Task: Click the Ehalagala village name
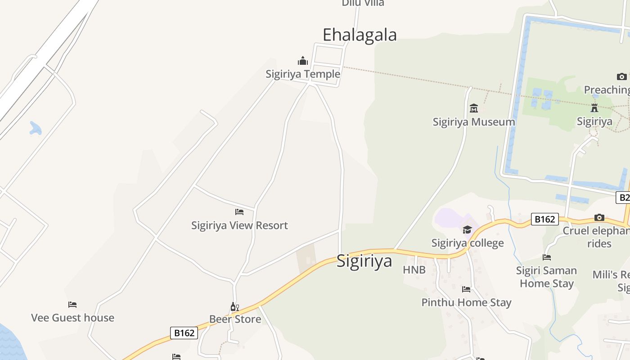click(x=360, y=35)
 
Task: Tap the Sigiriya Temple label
click(x=302, y=74)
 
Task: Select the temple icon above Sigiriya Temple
click(x=303, y=61)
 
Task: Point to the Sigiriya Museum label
click(x=473, y=121)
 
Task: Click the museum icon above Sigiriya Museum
click(x=474, y=108)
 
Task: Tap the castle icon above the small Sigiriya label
click(x=594, y=108)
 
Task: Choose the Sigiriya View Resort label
click(x=239, y=225)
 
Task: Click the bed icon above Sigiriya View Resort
click(x=239, y=211)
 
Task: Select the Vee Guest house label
click(x=72, y=318)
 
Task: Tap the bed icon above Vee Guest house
click(x=72, y=305)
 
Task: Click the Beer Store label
click(x=235, y=319)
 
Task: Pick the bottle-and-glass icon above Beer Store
click(x=234, y=307)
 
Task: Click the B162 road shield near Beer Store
click(x=184, y=333)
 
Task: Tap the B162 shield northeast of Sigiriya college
click(x=544, y=219)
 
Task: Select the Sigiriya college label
click(x=468, y=243)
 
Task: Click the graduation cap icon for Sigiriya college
click(x=468, y=230)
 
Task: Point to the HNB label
click(x=414, y=270)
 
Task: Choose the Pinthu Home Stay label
click(x=466, y=302)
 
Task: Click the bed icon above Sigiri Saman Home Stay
click(x=547, y=257)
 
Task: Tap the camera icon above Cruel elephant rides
click(x=599, y=218)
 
